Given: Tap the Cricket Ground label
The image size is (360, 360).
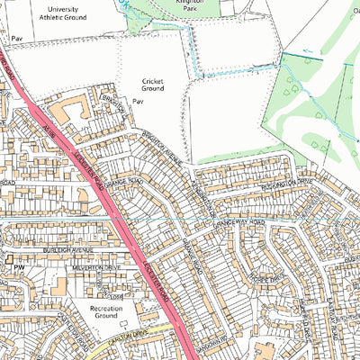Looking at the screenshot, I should (153, 85).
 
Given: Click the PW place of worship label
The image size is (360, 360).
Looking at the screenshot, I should (16, 267).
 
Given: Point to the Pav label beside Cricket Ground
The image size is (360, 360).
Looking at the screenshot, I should (139, 103).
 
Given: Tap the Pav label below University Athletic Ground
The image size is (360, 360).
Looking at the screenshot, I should (16, 40).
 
